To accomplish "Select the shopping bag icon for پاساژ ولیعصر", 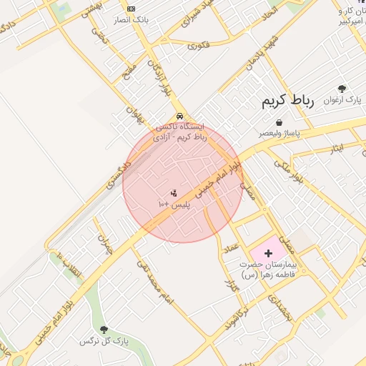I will [x=278, y=122].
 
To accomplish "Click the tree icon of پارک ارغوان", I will [x=342, y=89].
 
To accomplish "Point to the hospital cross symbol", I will [x=269, y=253].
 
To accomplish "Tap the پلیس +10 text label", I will [x=173, y=204].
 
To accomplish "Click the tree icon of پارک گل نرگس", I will [x=104, y=330].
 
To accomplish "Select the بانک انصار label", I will [x=134, y=19].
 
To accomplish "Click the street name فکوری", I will [x=199, y=46].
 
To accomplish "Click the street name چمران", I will [x=105, y=244].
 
